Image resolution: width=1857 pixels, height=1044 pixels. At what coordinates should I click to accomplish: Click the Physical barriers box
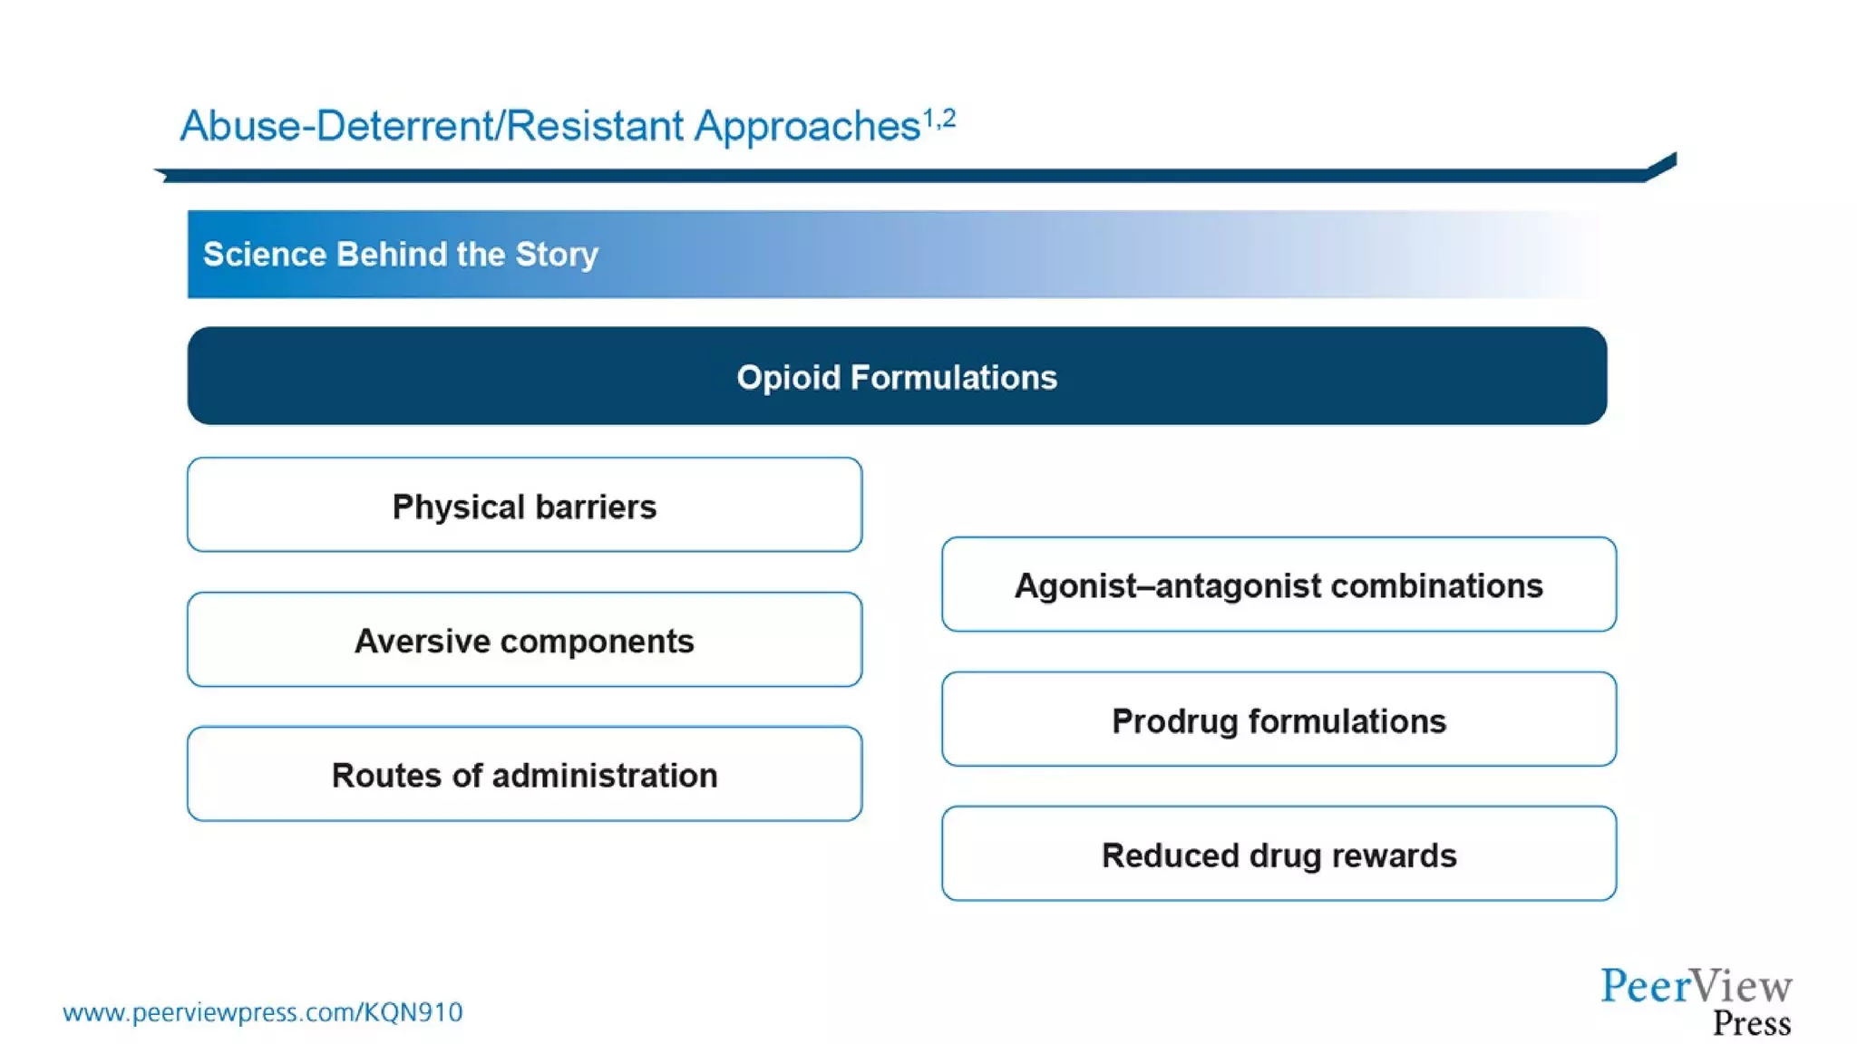(x=524, y=505)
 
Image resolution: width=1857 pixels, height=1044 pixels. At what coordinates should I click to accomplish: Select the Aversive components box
(x=524, y=640)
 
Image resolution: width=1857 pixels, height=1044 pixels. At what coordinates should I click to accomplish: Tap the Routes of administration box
(x=524, y=774)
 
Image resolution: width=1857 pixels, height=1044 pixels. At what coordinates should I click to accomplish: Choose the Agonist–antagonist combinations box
(x=1279, y=585)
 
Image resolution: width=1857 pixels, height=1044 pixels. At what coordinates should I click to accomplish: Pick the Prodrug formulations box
(x=1279, y=720)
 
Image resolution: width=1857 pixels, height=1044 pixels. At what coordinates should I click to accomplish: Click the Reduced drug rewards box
(x=1279, y=854)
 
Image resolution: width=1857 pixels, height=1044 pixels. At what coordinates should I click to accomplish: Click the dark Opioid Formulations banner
(x=896, y=376)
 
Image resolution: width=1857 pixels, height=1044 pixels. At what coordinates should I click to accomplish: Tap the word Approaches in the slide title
(x=807, y=126)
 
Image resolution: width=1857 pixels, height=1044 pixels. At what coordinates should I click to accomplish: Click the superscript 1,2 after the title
(x=939, y=119)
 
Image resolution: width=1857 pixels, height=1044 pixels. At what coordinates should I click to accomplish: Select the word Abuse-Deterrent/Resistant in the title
(x=432, y=126)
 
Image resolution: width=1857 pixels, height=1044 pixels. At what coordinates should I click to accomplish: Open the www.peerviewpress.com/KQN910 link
(x=263, y=1011)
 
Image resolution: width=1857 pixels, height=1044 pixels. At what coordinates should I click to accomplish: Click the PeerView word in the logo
(x=1696, y=987)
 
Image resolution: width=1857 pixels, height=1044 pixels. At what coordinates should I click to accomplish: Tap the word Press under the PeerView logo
(x=1751, y=1023)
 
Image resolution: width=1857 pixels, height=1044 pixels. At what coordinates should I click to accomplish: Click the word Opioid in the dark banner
(x=789, y=377)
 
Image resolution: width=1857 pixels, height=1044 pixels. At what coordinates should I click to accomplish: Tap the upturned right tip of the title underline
(x=1664, y=164)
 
